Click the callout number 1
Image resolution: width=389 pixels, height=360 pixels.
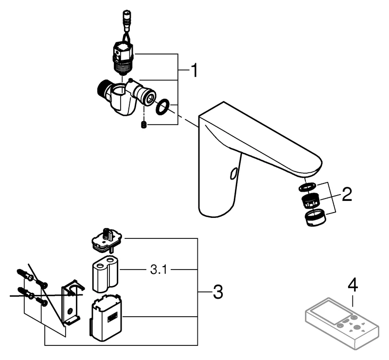pyautogui.click(x=194, y=71)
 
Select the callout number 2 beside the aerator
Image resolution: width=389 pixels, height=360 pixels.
pyautogui.click(x=346, y=195)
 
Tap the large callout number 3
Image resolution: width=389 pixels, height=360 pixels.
pyautogui.click(x=217, y=292)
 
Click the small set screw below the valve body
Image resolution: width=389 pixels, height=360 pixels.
pyautogui.click(x=143, y=125)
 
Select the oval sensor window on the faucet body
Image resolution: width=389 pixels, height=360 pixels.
pyautogui.click(x=234, y=173)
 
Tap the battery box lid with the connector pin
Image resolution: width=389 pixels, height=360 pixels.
pyautogui.click(x=108, y=240)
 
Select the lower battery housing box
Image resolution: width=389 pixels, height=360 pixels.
pyautogui.click(x=106, y=319)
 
